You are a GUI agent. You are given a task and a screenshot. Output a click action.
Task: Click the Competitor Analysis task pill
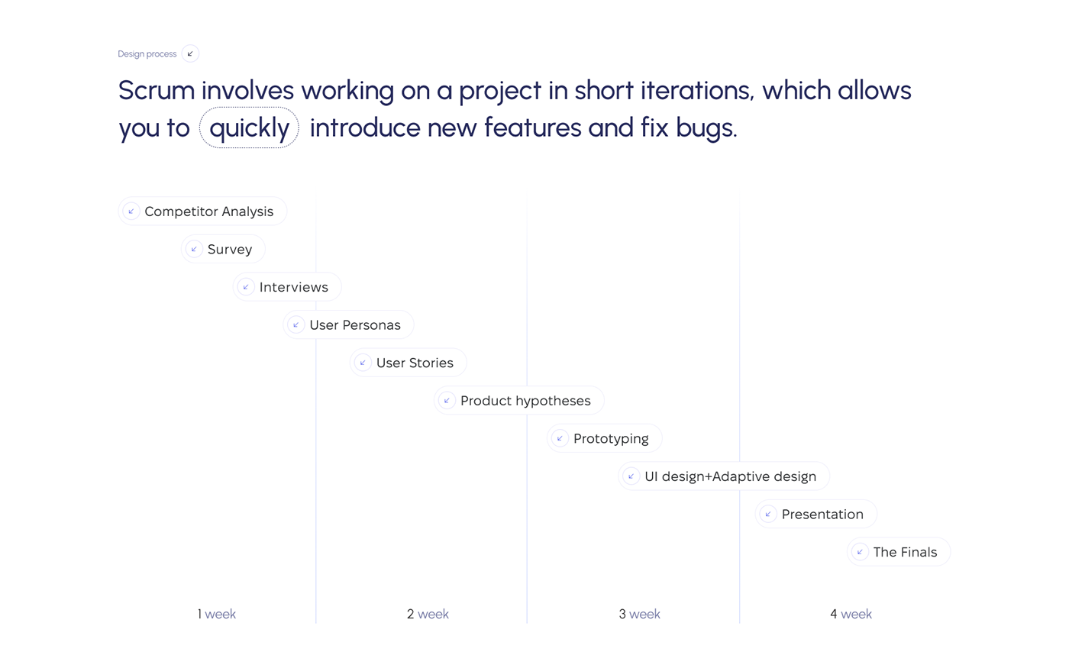[202, 211]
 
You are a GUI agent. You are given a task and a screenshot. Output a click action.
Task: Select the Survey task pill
[223, 249]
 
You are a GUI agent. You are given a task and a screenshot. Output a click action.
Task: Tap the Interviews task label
[293, 287]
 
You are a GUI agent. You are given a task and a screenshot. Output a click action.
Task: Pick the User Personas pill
[348, 324]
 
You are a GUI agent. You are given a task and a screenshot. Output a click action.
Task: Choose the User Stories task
[408, 362]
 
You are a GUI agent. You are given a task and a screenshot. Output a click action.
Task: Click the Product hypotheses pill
[518, 400]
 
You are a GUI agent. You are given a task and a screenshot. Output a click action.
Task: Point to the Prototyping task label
[611, 438]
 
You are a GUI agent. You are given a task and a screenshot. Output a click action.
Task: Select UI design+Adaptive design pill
[724, 476]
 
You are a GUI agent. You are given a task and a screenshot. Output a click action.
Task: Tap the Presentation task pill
[815, 514]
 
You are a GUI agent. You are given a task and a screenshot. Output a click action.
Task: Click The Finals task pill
[899, 551]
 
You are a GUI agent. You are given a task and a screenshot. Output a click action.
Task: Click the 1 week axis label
[217, 614]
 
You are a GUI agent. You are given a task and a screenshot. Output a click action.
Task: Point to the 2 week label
[428, 614]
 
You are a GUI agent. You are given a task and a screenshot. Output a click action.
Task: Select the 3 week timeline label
[640, 614]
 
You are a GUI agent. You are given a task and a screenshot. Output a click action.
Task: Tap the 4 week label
[851, 614]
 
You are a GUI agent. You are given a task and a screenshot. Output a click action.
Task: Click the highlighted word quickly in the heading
[249, 127]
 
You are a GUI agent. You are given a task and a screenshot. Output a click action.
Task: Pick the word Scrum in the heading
[157, 90]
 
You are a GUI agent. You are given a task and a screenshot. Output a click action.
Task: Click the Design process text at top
[147, 54]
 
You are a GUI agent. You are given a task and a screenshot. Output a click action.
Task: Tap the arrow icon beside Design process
[190, 53]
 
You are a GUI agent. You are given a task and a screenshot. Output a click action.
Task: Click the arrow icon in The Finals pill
[860, 552]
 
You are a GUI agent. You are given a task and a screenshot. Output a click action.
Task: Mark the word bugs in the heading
[706, 129]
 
